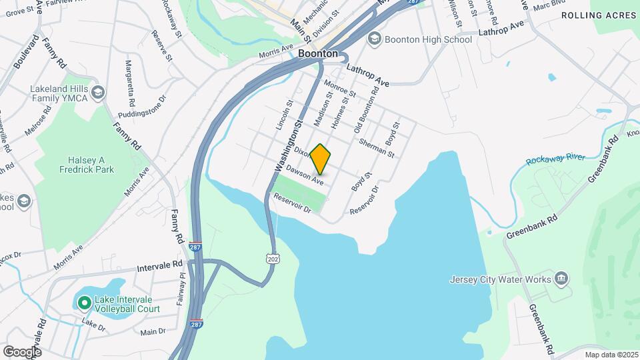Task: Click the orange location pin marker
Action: [x=321, y=159]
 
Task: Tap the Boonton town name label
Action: [x=317, y=53]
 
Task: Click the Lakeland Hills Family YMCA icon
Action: [x=99, y=91]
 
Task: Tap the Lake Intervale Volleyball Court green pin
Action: [x=83, y=303]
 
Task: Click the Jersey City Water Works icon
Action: [x=561, y=279]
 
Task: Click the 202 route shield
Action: [x=271, y=257]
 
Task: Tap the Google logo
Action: [x=21, y=351]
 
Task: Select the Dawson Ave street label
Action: [x=305, y=176]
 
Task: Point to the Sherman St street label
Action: [x=377, y=147]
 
